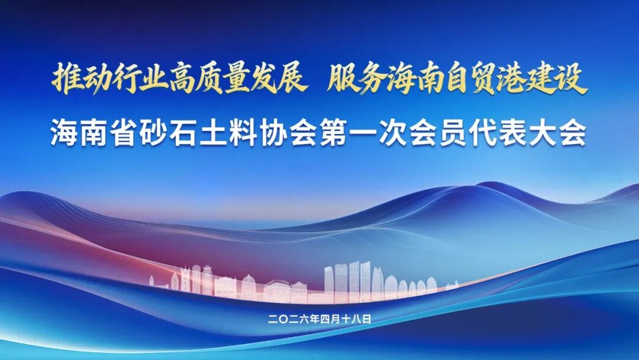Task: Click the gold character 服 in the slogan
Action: [x=342, y=79]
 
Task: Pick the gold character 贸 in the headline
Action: [x=484, y=79]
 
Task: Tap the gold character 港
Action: [x=512, y=79]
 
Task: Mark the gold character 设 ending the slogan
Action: [x=569, y=79]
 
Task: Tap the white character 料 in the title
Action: [x=244, y=133]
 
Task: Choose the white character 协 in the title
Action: [x=274, y=133]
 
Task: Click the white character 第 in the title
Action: [x=334, y=133]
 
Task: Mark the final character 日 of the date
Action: [x=367, y=319]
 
